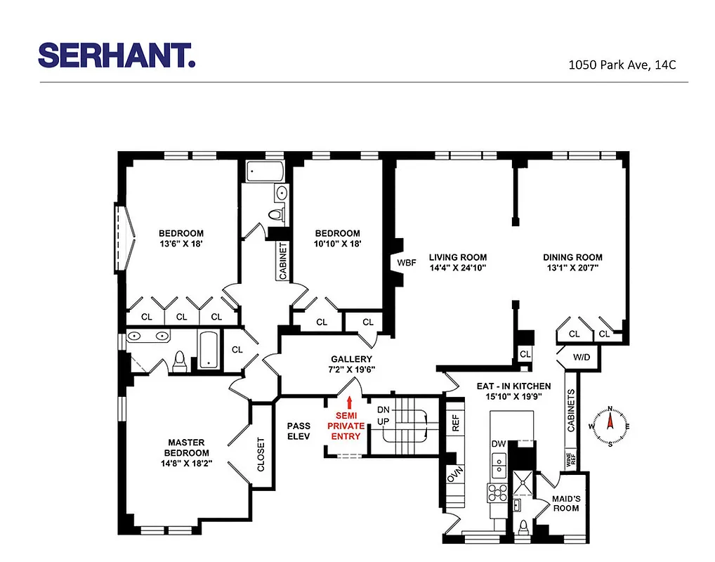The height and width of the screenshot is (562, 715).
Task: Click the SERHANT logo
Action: click(117, 55)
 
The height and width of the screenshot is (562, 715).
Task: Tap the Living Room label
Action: click(458, 257)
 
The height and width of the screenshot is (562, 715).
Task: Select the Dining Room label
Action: click(572, 257)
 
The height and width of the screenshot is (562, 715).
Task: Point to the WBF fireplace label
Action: click(407, 263)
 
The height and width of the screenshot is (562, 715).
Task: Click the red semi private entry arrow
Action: click(349, 402)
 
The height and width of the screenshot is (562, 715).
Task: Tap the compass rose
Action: click(610, 426)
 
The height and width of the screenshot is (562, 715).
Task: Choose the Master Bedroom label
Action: click(186, 447)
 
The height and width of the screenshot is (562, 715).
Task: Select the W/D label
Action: click(582, 357)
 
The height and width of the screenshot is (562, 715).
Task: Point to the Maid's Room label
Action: click(565, 503)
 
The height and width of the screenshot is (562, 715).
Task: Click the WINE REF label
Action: click(570, 461)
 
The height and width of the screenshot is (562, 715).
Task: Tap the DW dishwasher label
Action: click(498, 444)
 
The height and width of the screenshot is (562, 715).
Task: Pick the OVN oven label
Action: click(453, 476)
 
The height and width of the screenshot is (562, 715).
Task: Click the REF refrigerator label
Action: click(455, 423)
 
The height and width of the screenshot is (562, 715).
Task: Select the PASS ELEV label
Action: click(299, 431)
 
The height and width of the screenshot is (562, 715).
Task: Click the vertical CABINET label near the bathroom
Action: click(283, 262)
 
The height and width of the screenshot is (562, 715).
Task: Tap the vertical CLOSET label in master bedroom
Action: click(261, 454)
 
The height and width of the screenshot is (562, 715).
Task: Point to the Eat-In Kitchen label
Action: click(513, 386)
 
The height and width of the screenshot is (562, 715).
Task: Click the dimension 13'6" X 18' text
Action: click(181, 244)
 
